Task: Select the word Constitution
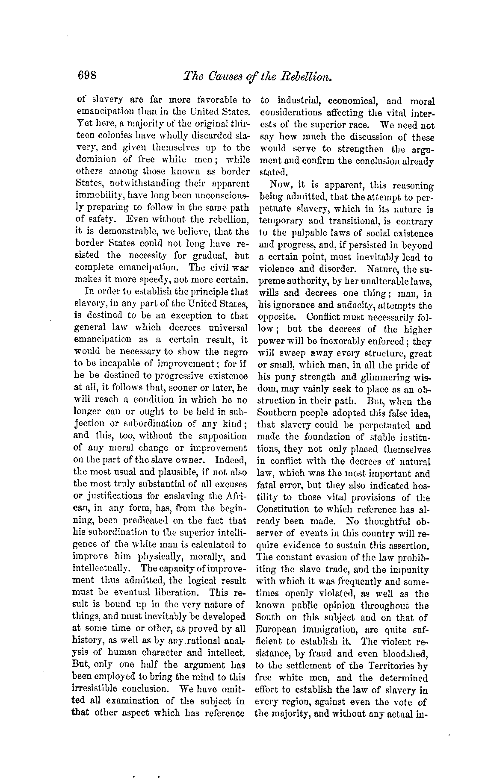pos(283,509)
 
